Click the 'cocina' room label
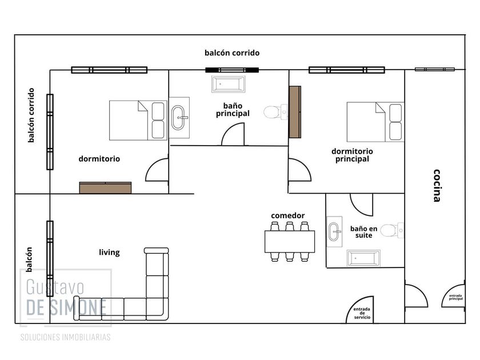click(x=437, y=186)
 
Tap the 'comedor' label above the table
click(x=288, y=215)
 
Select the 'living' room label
click(x=109, y=252)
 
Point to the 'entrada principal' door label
click(x=456, y=297)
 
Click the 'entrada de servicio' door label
click(x=362, y=313)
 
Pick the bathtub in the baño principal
click(x=229, y=84)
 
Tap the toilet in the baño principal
click(x=275, y=112)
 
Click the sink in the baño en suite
click(x=334, y=231)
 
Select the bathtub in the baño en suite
click(x=363, y=258)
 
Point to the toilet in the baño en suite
click(x=392, y=230)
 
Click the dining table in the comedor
click(x=290, y=242)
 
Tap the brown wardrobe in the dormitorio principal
click(x=295, y=112)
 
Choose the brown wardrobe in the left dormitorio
click(x=105, y=187)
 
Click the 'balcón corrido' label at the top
click(x=232, y=53)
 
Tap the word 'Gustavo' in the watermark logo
click(x=55, y=287)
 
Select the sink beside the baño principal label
click(x=179, y=118)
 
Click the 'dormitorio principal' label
click(x=352, y=155)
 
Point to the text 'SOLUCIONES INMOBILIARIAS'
click(x=65, y=337)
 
